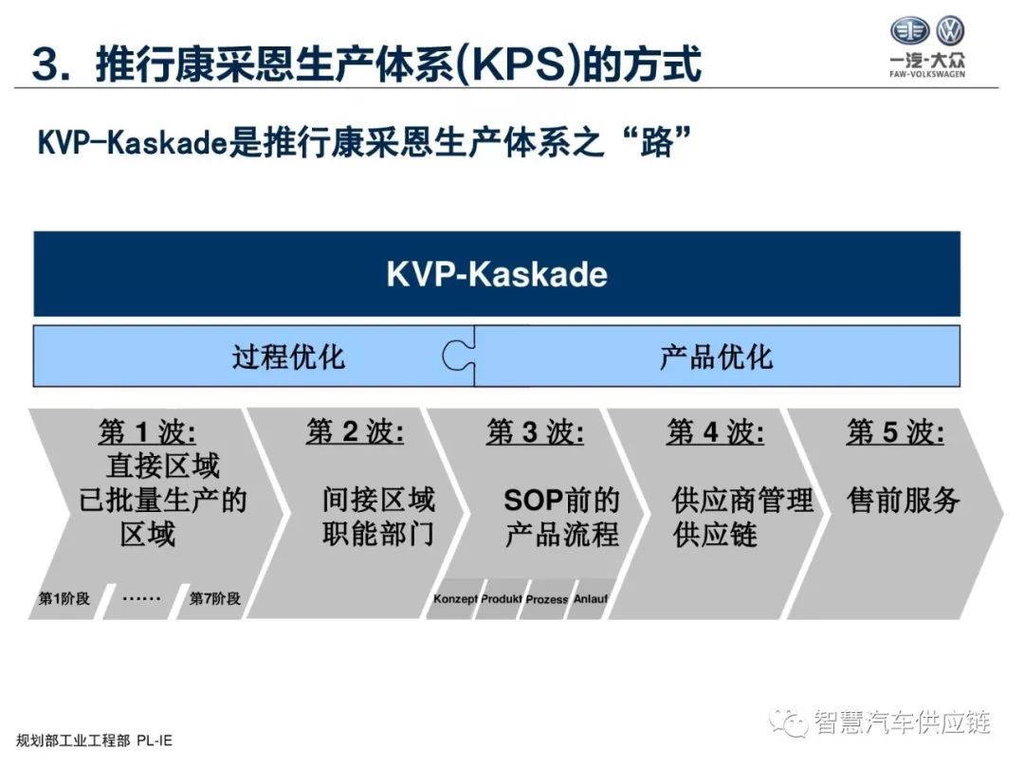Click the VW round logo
click(x=949, y=30)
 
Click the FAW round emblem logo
click(x=909, y=30)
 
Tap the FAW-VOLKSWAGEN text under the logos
click(x=926, y=74)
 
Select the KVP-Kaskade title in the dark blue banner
click(x=497, y=274)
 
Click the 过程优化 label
click(x=288, y=357)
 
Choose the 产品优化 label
click(x=716, y=357)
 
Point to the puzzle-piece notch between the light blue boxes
click(x=459, y=356)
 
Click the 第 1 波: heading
click(x=148, y=432)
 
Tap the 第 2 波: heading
click(x=356, y=431)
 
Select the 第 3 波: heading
click(x=536, y=431)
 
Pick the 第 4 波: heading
click(x=715, y=431)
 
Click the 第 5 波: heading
click(x=895, y=431)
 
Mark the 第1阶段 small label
click(x=64, y=598)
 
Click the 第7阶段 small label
click(x=215, y=598)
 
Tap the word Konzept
click(x=455, y=599)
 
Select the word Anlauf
click(x=591, y=598)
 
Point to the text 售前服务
click(x=904, y=501)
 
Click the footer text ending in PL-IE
click(x=94, y=741)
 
